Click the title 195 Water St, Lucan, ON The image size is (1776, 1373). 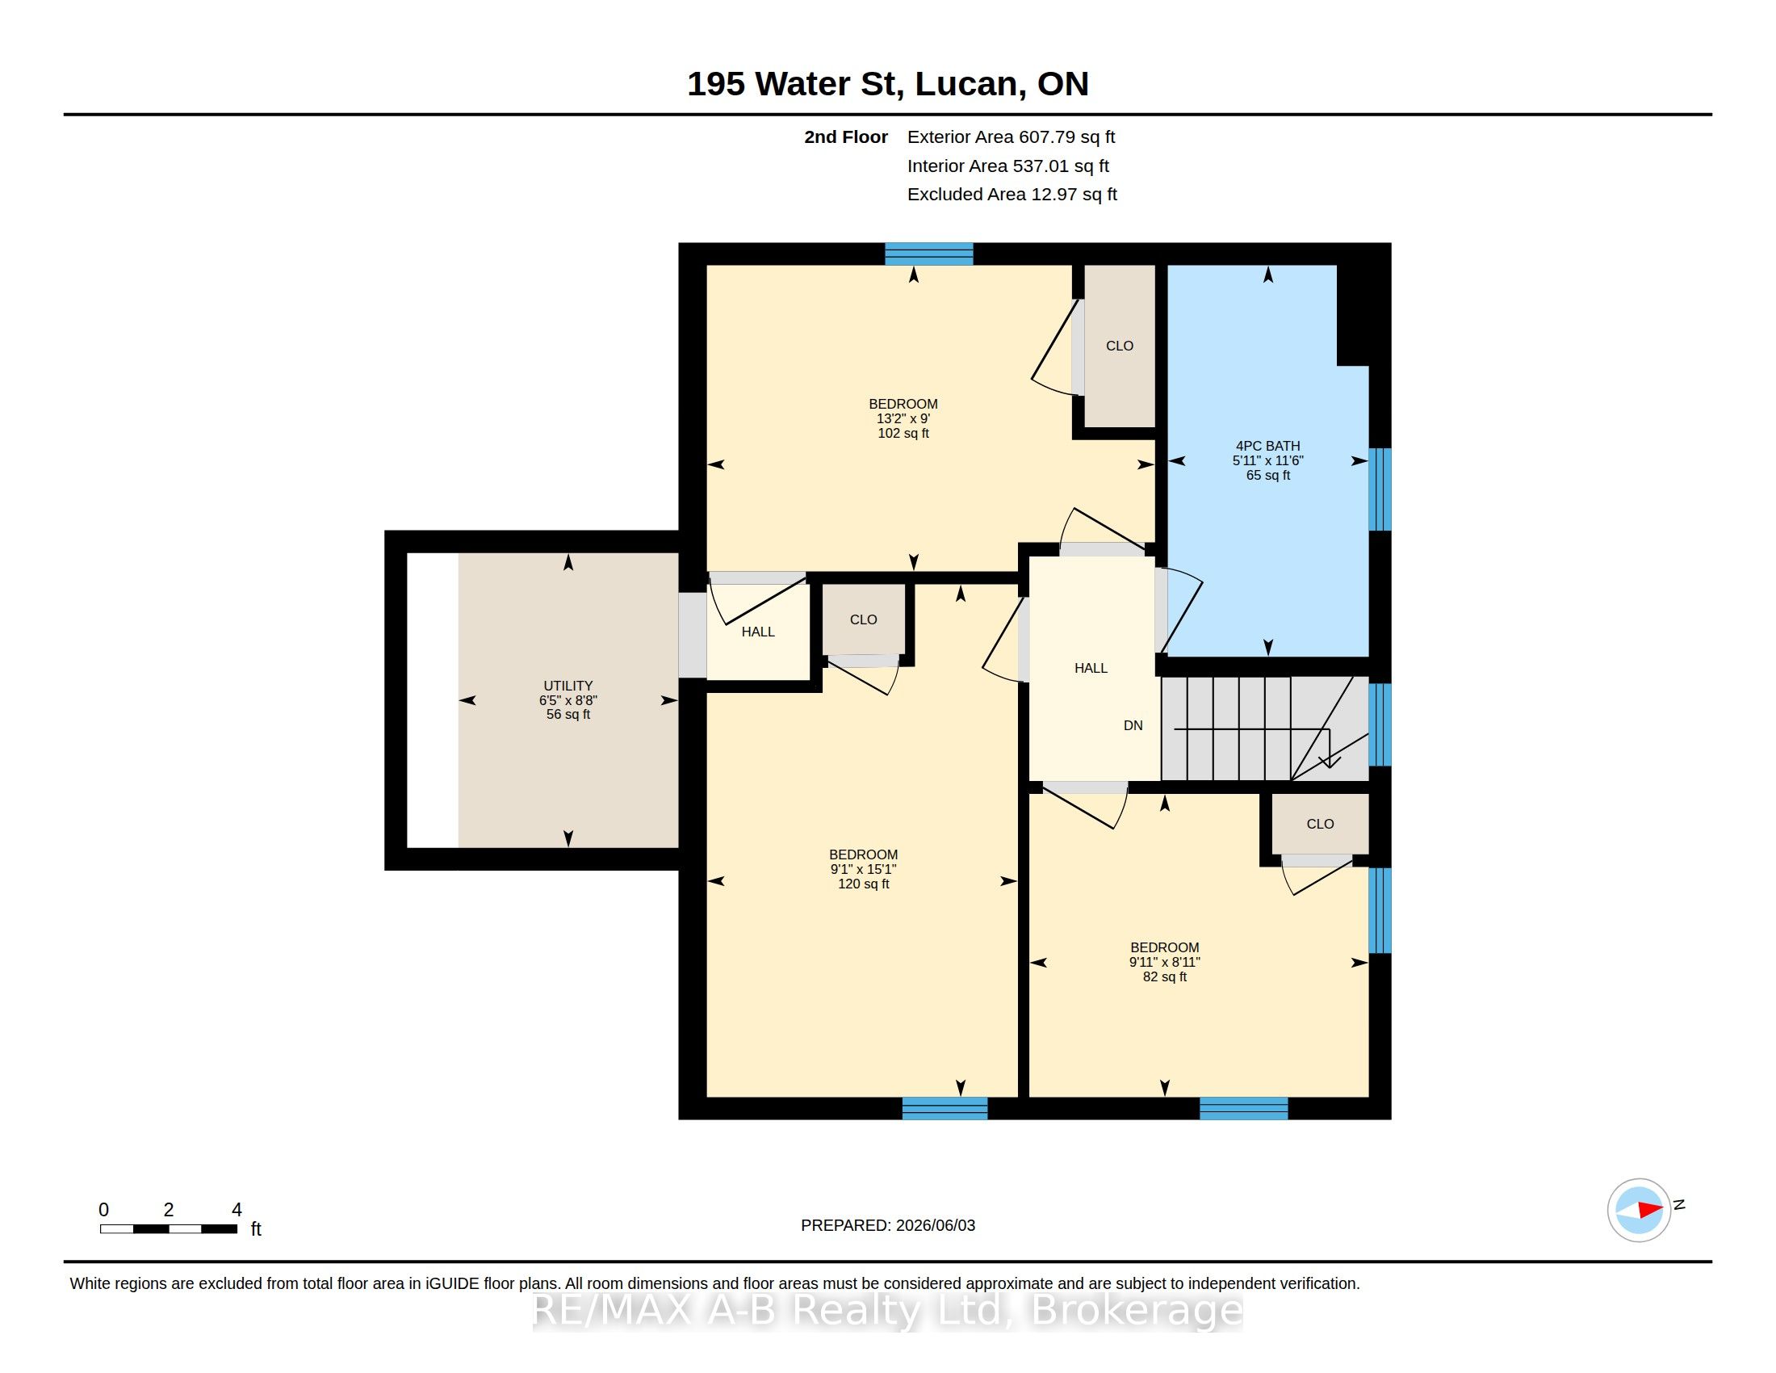[x=887, y=84]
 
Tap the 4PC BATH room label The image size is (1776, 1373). [x=1267, y=446]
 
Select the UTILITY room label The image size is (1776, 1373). [x=568, y=686]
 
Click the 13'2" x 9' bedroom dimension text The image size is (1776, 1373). [x=903, y=419]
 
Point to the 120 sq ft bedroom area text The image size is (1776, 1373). [x=864, y=884]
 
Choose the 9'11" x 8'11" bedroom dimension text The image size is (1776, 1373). [x=1164, y=962]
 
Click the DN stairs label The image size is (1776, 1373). [x=1133, y=725]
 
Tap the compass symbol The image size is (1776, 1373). [x=1640, y=1210]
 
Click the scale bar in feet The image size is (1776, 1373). [x=169, y=1228]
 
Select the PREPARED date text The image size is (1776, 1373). [x=888, y=1225]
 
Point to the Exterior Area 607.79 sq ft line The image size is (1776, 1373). [x=1011, y=137]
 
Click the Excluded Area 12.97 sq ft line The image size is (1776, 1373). [x=1012, y=195]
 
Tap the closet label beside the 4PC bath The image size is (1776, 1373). [x=1119, y=346]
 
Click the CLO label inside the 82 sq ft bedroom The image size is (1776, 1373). [x=1320, y=824]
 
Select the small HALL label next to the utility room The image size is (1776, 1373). [x=758, y=632]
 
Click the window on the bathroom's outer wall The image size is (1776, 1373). [x=1380, y=489]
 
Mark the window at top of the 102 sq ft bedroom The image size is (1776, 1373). [x=928, y=254]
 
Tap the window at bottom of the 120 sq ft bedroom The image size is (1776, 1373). [x=945, y=1108]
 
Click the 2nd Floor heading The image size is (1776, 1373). [x=846, y=137]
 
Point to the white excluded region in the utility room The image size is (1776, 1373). [x=433, y=700]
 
